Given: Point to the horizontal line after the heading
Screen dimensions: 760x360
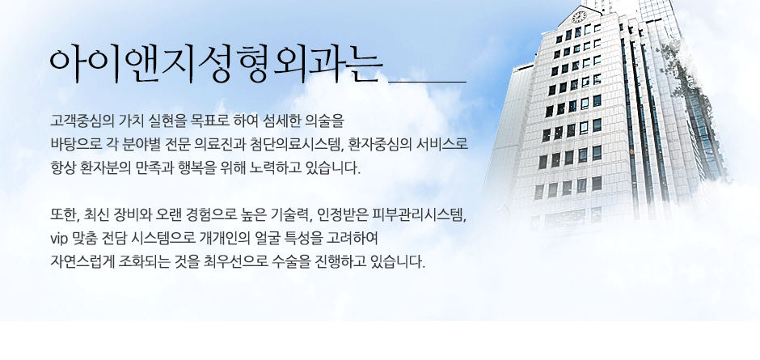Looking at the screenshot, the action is (x=427, y=82).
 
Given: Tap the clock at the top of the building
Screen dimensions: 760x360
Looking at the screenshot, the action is (x=579, y=17).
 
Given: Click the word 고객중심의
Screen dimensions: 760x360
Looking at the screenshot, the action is (x=74, y=120).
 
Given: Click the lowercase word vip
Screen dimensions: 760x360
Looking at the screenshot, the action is (x=59, y=239).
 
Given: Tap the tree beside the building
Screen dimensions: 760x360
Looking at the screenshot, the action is (x=681, y=78).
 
